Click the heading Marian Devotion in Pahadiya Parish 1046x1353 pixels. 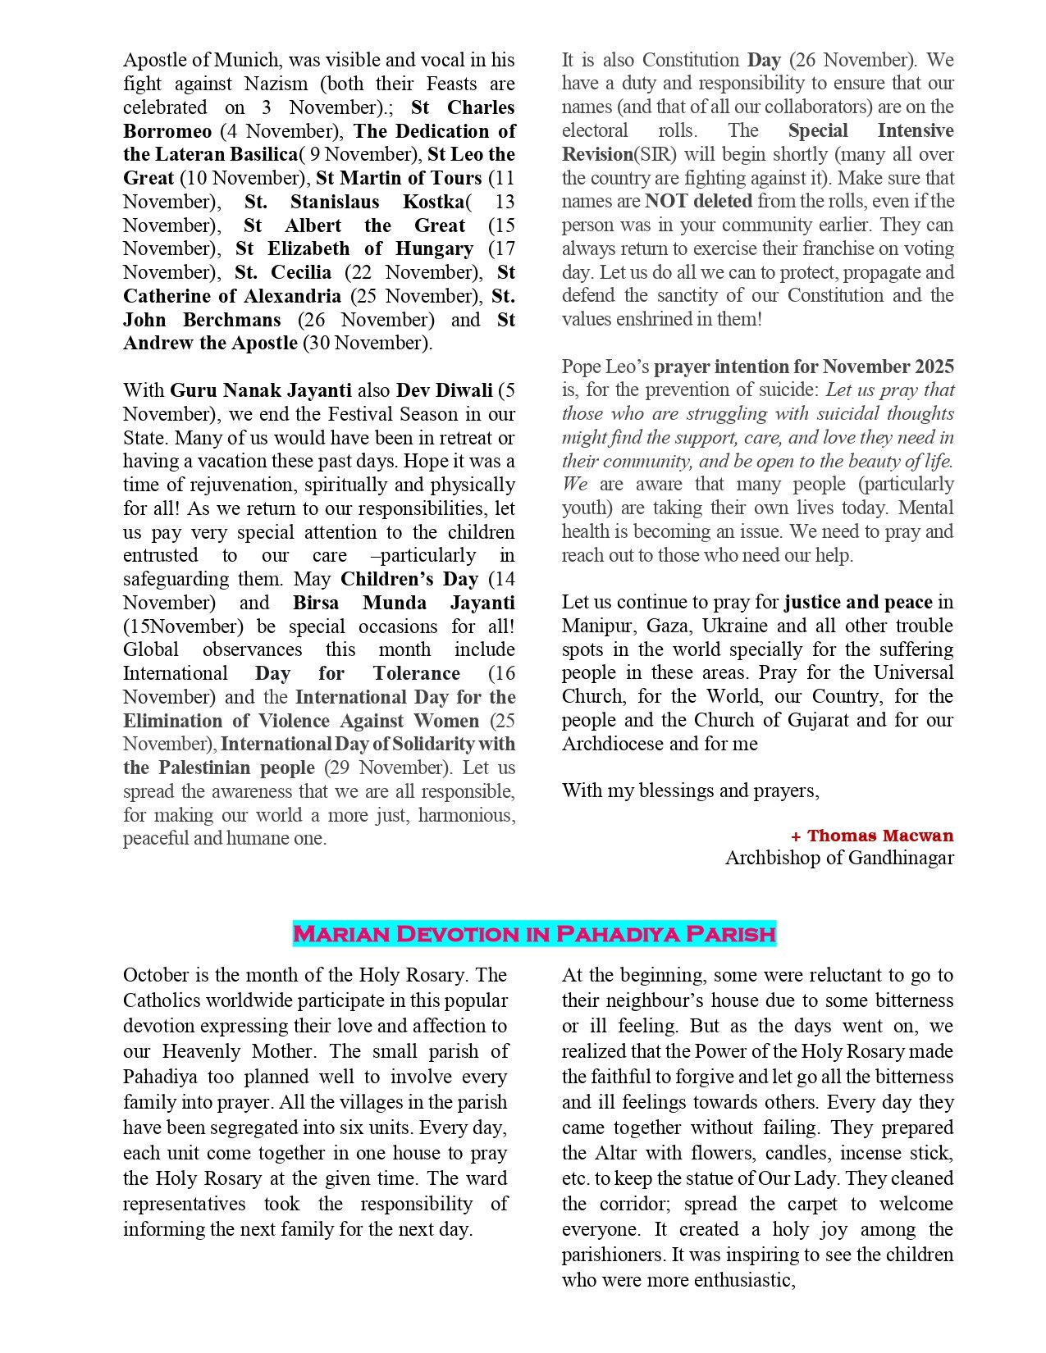click(534, 934)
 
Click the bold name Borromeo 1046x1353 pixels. click(167, 131)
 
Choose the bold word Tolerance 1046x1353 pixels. click(416, 673)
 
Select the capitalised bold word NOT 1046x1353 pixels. click(666, 201)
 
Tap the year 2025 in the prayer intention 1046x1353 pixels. click(933, 367)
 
